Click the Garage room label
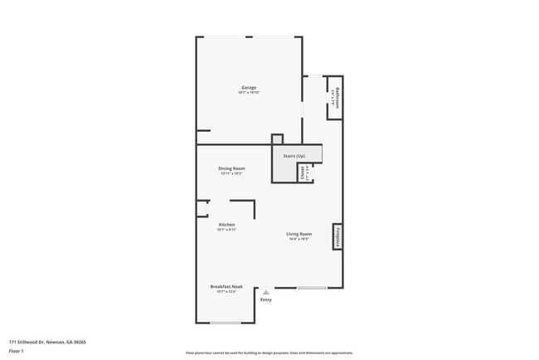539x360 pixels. [x=249, y=87]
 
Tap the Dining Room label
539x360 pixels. [x=231, y=169]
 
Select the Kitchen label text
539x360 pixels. [x=226, y=224]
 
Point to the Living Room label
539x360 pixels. [x=299, y=234]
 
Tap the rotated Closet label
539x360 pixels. [x=303, y=173]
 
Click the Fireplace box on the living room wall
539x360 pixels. [x=338, y=236]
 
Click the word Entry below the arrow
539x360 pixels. [x=265, y=300]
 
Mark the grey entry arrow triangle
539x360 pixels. [x=265, y=292]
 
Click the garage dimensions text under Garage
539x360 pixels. [x=249, y=92]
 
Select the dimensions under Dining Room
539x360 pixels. [x=231, y=174]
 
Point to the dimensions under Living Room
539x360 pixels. [x=299, y=239]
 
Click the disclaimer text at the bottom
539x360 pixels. [x=269, y=353]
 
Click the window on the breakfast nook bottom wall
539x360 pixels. [x=226, y=323]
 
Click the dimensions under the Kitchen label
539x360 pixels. [x=226, y=229]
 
